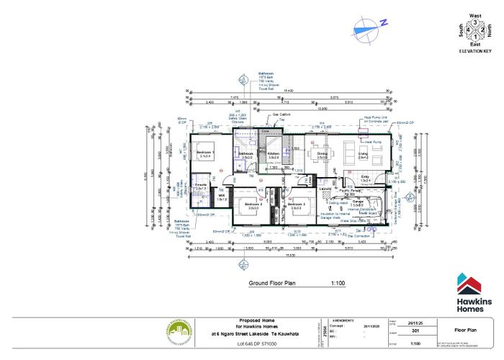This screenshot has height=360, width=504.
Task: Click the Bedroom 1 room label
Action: coord(205,153)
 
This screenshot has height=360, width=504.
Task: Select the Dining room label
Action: coord(322,153)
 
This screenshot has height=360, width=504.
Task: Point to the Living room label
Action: coord(364,153)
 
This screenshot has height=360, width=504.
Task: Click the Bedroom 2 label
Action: coord(252,205)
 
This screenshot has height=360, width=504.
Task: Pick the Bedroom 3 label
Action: coord(296,205)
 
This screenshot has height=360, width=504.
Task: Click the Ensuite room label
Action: coord(201,185)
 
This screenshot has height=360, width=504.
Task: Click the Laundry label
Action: coord(324,189)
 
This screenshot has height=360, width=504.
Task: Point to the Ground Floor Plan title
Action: coord(273,284)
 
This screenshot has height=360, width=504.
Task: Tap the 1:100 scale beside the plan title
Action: coord(338,284)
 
